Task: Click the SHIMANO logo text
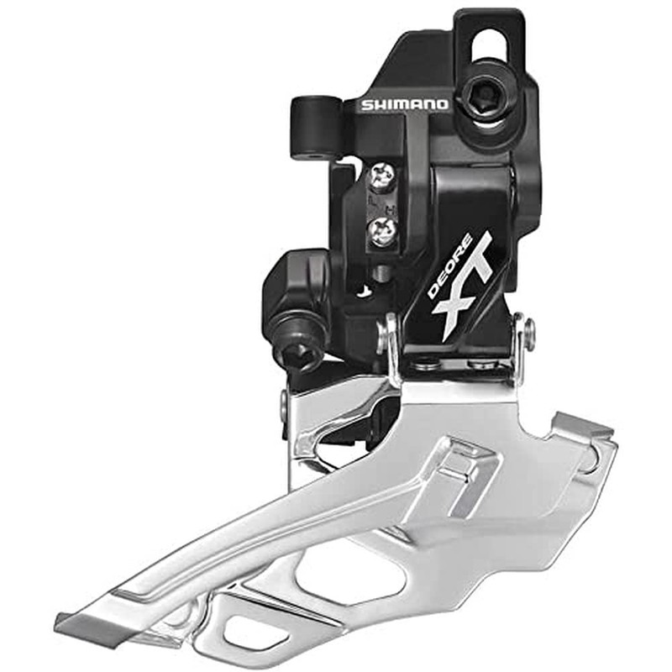point(404,104)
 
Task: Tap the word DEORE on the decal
point(449,265)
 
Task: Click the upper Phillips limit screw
point(383,176)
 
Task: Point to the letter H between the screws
point(390,210)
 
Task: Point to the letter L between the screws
point(372,200)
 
